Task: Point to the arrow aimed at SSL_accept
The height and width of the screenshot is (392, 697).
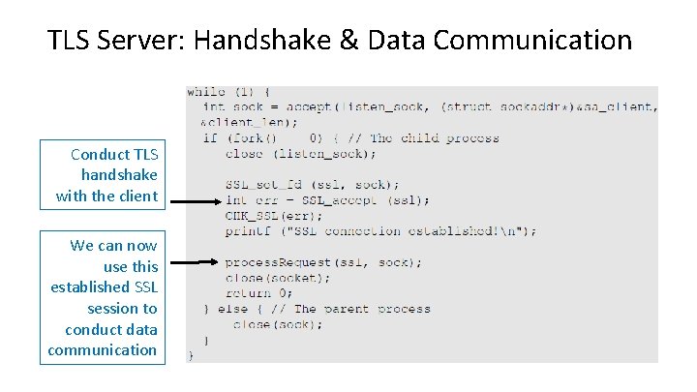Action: pos(189,202)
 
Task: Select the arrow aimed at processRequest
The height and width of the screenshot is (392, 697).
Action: pos(189,262)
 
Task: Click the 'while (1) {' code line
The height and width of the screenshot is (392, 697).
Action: pos(228,92)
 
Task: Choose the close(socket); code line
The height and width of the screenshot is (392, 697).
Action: pos(277,278)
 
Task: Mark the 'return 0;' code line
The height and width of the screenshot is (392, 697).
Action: pos(259,292)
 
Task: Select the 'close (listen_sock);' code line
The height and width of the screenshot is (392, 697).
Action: pos(300,153)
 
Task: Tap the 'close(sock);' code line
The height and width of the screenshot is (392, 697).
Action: pos(278,324)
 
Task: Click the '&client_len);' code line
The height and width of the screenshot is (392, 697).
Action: pos(249,123)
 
